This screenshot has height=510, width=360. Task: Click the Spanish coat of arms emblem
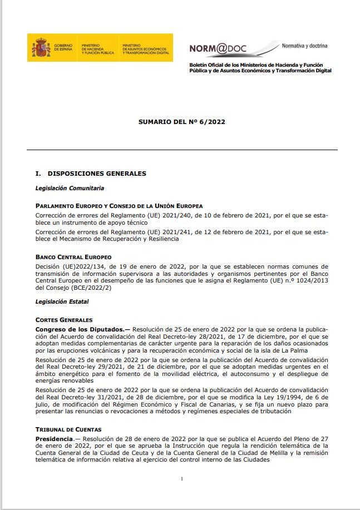[41, 48]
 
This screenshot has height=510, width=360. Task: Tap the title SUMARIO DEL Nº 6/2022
[181, 121]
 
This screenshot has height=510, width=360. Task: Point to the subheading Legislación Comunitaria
[70, 188]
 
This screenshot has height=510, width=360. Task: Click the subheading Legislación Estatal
[62, 302]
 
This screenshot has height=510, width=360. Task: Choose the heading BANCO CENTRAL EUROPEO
[73, 258]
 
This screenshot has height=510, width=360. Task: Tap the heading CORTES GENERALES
[64, 320]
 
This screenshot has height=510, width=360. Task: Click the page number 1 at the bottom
[181, 479]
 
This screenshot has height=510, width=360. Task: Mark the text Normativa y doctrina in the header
[305, 46]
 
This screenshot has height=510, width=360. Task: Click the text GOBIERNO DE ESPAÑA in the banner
[63, 48]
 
